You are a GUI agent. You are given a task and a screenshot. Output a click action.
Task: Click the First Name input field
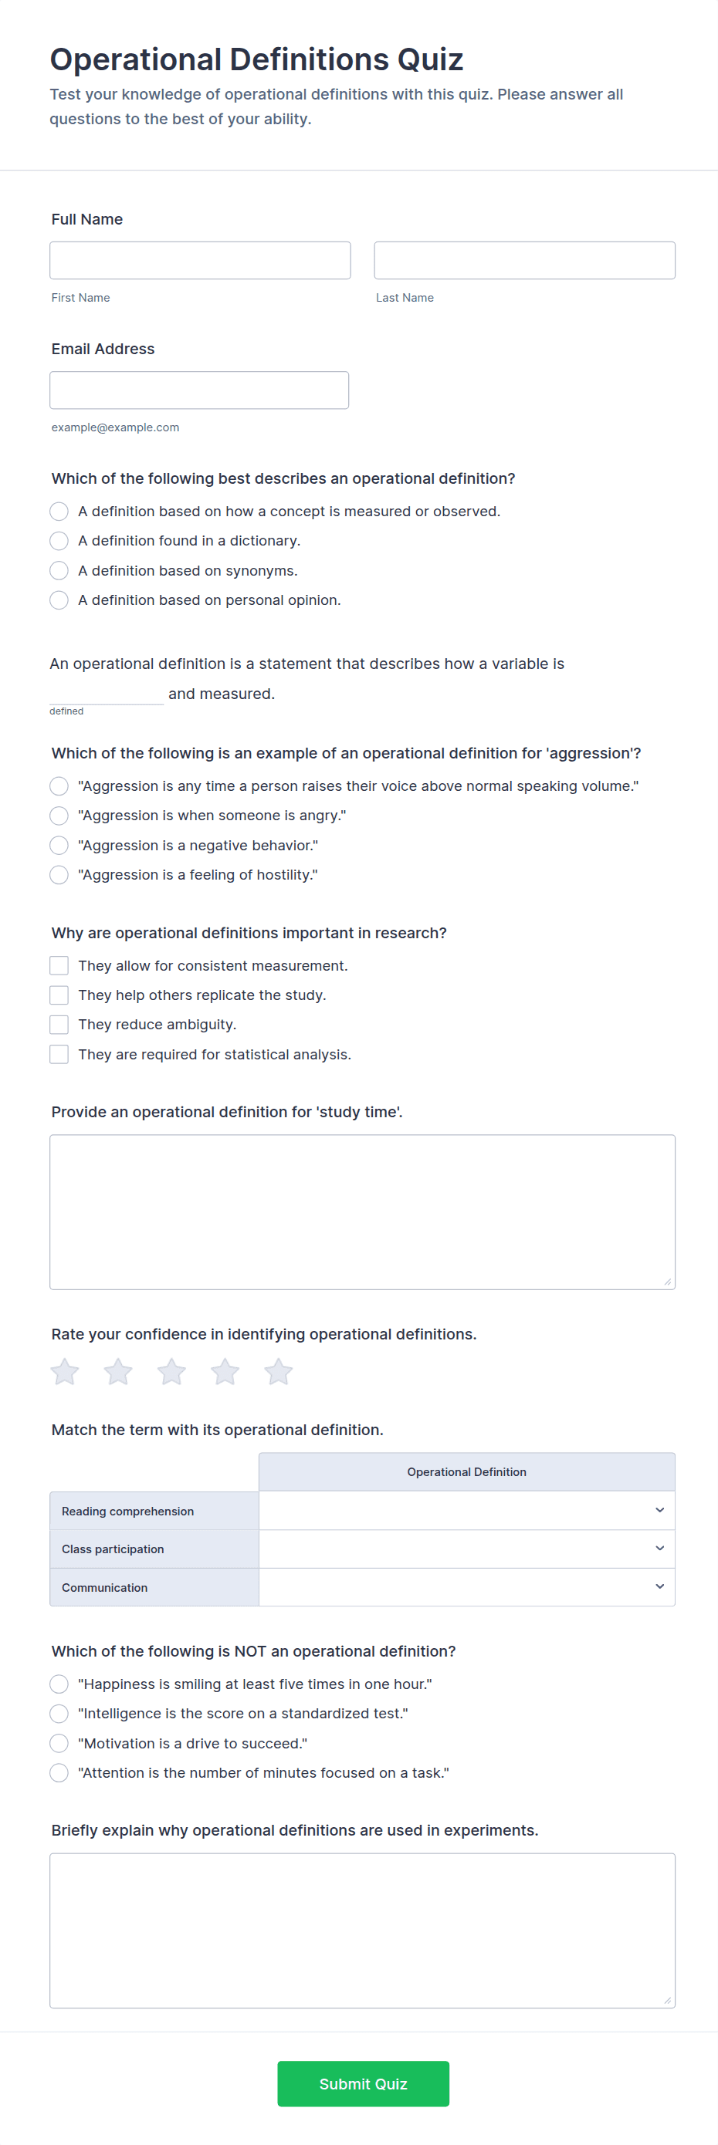click(200, 261)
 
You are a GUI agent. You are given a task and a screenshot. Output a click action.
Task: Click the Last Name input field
click(524, 261)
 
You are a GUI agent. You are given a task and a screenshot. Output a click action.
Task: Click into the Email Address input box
click(199, 390)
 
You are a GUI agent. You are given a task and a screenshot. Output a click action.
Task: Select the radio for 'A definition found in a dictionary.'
click(59, 541)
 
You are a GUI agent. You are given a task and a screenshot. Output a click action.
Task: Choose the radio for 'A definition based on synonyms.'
click(59, 570)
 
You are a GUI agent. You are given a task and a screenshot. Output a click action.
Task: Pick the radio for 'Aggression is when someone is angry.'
click(59, 816)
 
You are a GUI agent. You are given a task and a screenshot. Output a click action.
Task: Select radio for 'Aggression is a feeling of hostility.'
click(59, 874)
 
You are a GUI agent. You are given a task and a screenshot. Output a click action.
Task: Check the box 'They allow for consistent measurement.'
click(59, 965)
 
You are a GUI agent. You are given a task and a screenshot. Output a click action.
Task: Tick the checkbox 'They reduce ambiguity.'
click(59, 1024)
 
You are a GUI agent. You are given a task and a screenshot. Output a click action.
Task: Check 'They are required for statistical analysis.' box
click(59, 1054)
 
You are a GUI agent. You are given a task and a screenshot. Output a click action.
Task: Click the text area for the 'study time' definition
click(362, 1211)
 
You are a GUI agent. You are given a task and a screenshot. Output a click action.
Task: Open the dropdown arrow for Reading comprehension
click(659, 1511)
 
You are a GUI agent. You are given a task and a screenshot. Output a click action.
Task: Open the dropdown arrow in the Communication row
click(659, 1587)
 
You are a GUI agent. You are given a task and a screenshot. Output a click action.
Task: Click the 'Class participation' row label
click(113, 1549)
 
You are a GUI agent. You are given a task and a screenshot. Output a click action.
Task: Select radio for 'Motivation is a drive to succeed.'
click(59, 1743)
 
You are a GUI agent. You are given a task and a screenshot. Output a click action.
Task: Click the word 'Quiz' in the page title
click(430, 60)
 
